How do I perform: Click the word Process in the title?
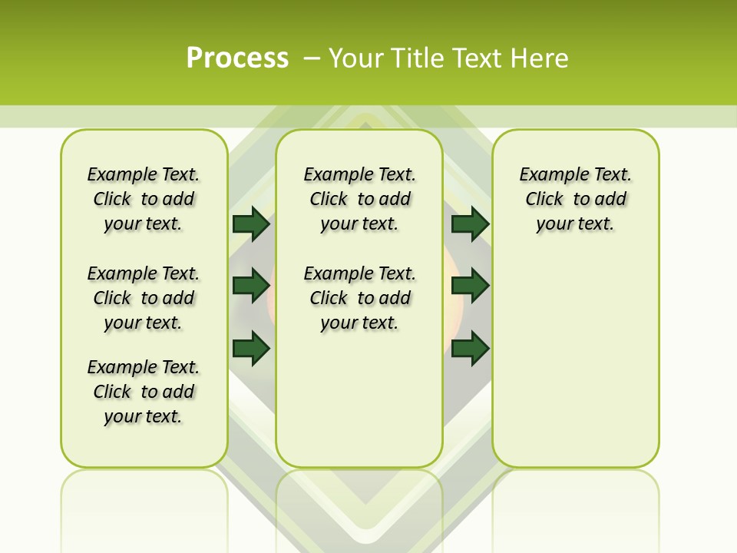tap(237, 58)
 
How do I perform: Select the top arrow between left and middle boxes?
tap(251, 224)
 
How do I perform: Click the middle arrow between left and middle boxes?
tap(251, 286)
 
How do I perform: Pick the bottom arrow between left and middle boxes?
tap(251, 348)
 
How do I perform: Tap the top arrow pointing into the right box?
tap(470, 224)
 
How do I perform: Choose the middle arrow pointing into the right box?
tap(470, 286)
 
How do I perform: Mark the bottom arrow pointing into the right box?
tap(470, 348)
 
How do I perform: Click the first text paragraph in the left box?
tap(144, 199)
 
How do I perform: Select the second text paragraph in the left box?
tap(144, 298)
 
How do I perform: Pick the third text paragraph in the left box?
tap(144, 392)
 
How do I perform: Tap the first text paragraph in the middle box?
tap(359, 199)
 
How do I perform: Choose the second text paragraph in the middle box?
tap(359, 298)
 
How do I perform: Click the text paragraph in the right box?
tap(576, 199)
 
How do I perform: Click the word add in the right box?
tap(611, 200)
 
